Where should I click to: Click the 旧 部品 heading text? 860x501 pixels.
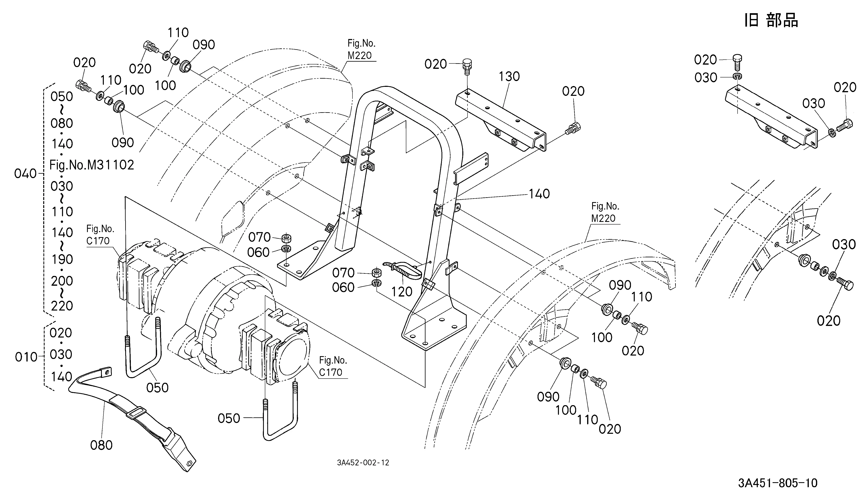tap(771, 20)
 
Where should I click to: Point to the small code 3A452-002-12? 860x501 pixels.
tap(363, 463)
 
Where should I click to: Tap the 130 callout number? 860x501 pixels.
tap(509, 76)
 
